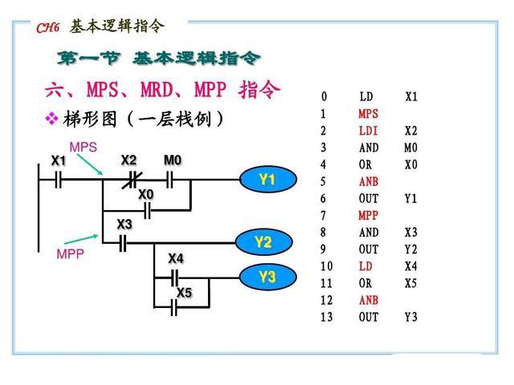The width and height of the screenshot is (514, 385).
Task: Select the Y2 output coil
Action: point(263,241)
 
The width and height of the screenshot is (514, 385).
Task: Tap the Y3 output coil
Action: point(267,278)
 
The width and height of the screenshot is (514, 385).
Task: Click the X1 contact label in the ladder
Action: point(59,160)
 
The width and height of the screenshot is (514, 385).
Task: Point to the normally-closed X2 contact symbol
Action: point(128,180)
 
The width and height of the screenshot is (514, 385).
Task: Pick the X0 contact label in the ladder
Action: point(145,194)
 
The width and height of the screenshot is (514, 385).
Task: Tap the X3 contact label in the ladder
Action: point(124,224)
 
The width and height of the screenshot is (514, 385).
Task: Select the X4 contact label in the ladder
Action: point(175,258)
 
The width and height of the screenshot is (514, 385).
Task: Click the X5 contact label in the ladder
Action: point(185,293)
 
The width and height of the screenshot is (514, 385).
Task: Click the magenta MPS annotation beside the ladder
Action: point(83,148)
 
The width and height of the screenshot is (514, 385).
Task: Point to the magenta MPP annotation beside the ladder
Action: point(71,253)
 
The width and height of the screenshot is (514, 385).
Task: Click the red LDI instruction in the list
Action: point(368,131)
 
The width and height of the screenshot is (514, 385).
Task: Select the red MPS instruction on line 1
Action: point(368,114)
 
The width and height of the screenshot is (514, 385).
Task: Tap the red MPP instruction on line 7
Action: point(368,216)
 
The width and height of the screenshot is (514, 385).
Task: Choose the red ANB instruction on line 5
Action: point(368,182)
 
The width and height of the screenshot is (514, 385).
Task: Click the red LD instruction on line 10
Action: point(365,266)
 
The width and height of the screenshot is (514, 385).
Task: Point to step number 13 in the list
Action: point(325,317)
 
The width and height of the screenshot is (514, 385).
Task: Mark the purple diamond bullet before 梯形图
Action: point(52,120)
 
